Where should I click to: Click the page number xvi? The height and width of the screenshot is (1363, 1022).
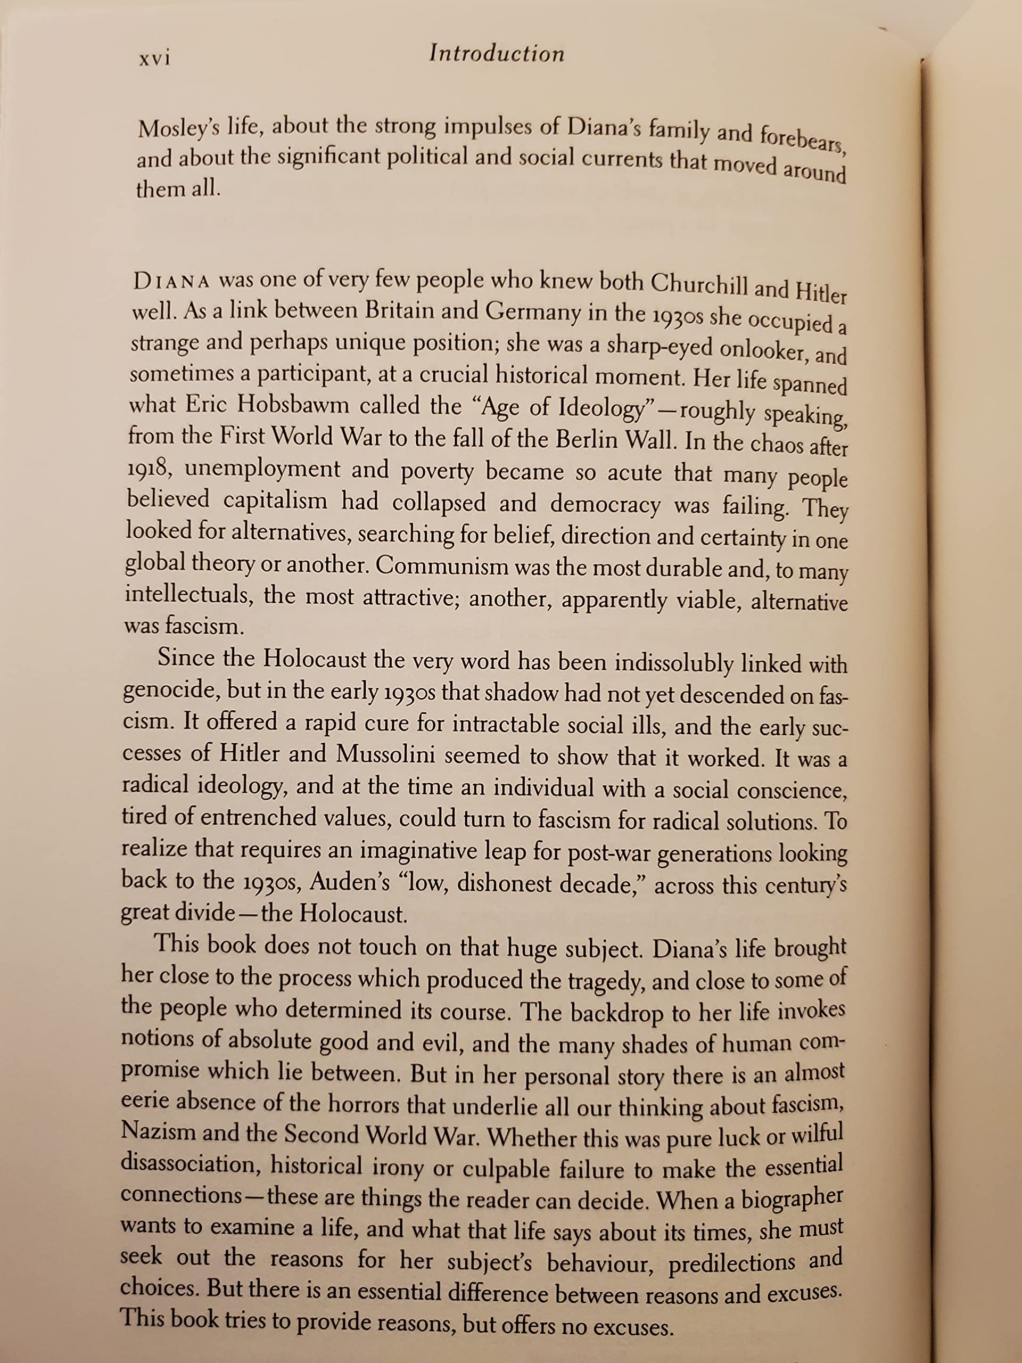click(154, 59)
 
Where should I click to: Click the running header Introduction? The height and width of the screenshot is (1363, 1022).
click(497, 54)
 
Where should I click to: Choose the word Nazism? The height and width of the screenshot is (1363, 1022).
click(158, 1132)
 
